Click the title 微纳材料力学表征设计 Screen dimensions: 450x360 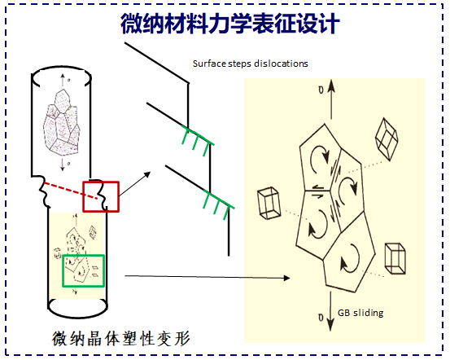tap(230, 24)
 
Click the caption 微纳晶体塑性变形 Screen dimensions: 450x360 tap(120, 339)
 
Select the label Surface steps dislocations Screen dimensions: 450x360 tap(251, 64)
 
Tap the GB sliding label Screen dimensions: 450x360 tap(360, 313)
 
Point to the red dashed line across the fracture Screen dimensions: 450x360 tap(71, 191)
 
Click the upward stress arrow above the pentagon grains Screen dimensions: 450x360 tap(331, 99)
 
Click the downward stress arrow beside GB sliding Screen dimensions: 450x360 tap(330, 311)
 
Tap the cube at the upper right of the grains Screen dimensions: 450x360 tap(387, 138)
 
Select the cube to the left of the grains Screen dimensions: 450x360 tap(269, 204)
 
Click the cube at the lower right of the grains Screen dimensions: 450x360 tap(395, 258)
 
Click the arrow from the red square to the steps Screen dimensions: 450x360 tap(135, 184)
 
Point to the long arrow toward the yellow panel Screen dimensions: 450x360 tap(208, 277)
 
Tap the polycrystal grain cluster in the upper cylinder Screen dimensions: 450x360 tap(61, 123)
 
